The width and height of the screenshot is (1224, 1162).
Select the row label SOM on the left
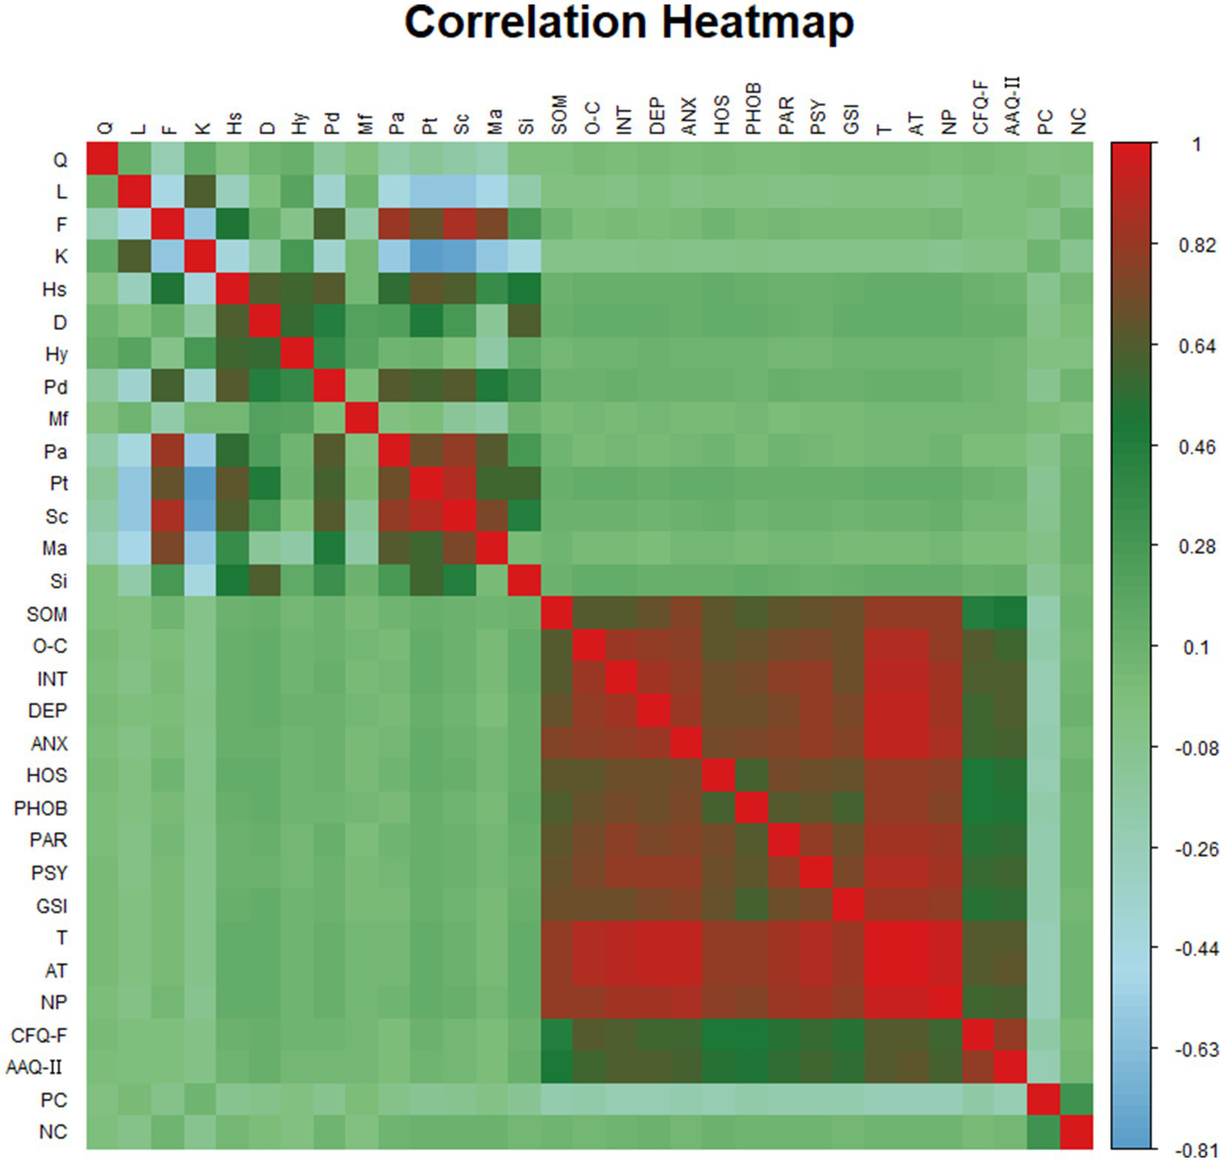(47, 614)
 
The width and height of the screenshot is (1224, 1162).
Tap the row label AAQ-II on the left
(34, 1066)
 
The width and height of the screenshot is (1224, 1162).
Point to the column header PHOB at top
(753, 108)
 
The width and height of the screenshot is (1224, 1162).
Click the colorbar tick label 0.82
(1197, 245)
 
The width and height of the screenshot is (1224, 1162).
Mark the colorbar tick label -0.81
(1196, 1150)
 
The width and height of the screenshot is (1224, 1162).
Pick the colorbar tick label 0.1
(1196, 647)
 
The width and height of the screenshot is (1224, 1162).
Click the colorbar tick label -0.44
(1196, 948)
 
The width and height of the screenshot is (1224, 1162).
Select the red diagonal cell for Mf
(362, 418)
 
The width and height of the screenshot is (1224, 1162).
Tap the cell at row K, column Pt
(427, 257)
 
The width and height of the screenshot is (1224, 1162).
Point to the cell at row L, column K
(200, 192)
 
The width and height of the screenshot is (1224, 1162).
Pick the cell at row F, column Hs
(232, 225)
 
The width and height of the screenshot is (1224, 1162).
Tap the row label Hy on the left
(56, 354)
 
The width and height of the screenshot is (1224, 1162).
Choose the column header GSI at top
(851, 119)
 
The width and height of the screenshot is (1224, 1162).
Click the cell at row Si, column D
(265, 580)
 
